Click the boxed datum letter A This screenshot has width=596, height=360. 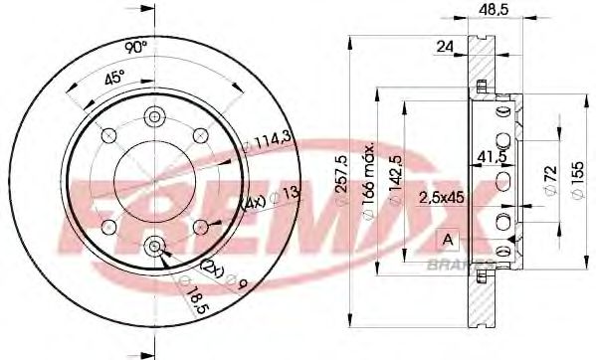(x=447, y=239)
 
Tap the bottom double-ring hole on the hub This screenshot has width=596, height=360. (x=154, y=246)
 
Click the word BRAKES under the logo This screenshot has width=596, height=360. (x=459, y=266)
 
